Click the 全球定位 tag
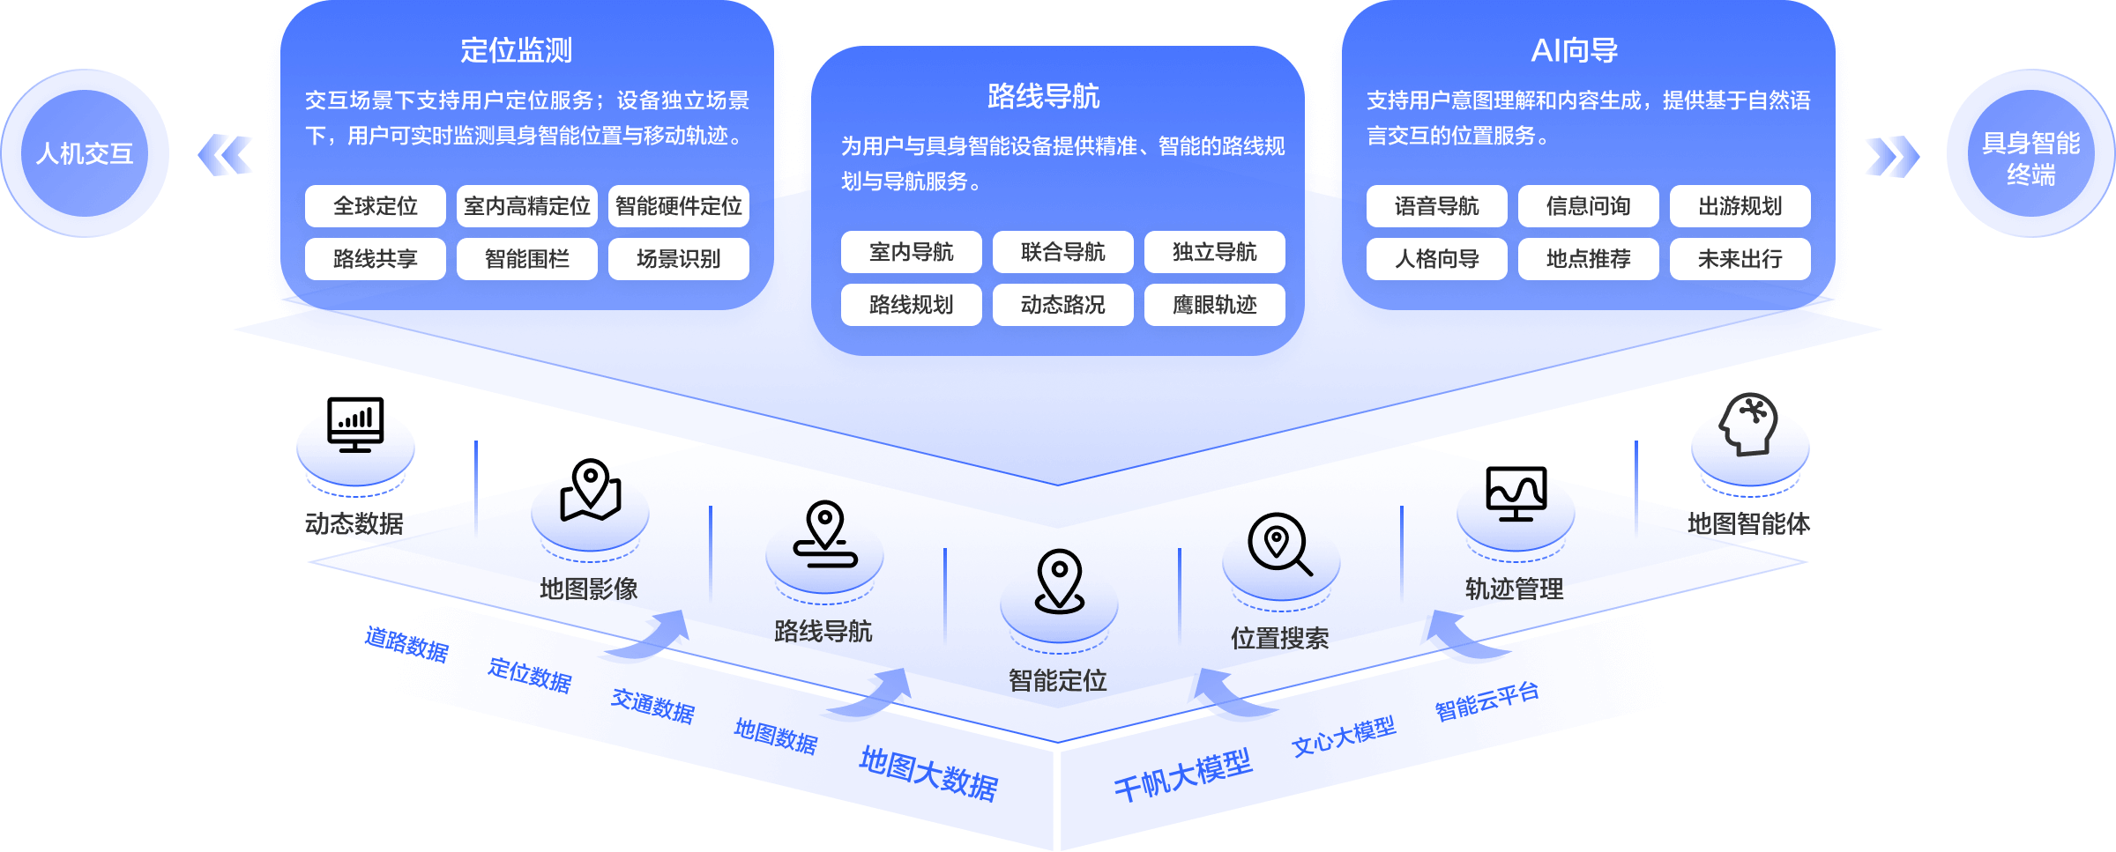tap(375, 206)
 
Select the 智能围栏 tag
tap(526, 259)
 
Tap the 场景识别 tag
tap(678, 259)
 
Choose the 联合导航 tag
tap(1062, 252)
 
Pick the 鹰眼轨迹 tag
tap(1214, 305)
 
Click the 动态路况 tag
tap(1062, 305)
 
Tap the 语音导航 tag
tap(1436, 206)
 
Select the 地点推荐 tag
tap(1588, 259)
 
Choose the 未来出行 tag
tap(1740, 259)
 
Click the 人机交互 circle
tap(85, 153)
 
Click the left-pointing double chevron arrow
tap(226, 155)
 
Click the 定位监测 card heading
tap(516, 50)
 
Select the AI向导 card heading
tap(1574, 50)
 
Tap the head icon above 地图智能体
tap(1749, 424)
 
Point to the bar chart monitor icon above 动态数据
tap(355, 424)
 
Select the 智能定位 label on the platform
tap(1057, 680)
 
